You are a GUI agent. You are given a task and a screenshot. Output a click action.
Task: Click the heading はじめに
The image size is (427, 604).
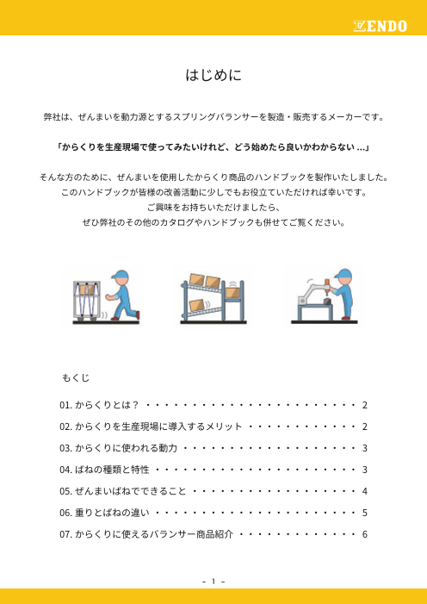pos(213,76)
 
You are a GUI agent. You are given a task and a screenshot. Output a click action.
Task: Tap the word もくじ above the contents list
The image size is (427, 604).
pos(75,378)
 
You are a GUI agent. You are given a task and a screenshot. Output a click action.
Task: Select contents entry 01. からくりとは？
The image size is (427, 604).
pos(96,404)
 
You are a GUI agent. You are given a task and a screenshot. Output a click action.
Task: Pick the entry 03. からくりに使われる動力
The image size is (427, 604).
pos(118,447)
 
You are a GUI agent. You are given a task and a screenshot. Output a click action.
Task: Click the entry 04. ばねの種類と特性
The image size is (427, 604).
pos(104,469)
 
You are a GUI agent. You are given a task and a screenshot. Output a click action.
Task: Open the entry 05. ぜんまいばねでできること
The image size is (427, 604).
pos(122,490)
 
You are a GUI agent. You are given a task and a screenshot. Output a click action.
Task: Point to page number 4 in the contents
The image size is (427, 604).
pos(366,490)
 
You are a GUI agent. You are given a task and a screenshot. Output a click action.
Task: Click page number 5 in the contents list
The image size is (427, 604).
pos(366,512)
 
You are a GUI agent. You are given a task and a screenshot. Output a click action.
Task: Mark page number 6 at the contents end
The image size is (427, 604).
pos(366,533)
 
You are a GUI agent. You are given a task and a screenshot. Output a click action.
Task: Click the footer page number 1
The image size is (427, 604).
pos(213,580)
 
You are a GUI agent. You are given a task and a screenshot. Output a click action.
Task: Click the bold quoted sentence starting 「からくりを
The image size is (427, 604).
pos(213,146)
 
